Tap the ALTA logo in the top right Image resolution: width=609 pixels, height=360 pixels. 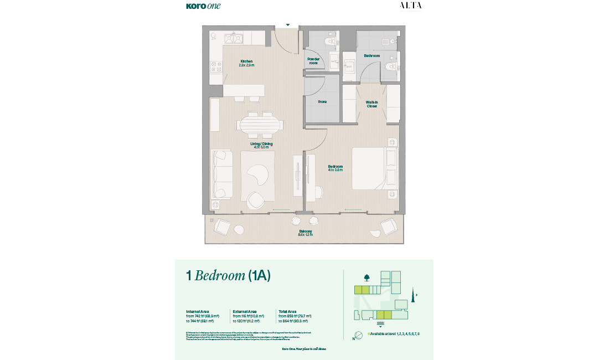coord(410,6)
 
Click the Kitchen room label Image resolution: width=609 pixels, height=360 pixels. coord(246,61)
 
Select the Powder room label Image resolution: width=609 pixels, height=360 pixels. coord(313,61)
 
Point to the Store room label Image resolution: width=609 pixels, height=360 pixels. coord(322,102)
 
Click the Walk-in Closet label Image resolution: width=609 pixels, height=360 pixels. coord(371,104)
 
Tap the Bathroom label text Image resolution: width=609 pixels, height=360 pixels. coord(371,55)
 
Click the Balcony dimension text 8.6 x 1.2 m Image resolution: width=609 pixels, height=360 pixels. coord(306,235)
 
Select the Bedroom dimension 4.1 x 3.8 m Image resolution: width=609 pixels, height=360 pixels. coord(335,170)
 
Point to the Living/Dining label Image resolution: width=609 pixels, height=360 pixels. coord(261,144)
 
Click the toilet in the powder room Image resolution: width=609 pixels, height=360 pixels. coord(331,41)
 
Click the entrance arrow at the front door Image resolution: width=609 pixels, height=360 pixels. coord(287,25)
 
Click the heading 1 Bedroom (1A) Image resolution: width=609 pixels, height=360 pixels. coord(228,276)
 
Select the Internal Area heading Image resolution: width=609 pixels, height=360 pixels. coord(197,312)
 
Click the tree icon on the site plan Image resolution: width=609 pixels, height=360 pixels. coord(366,277)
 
